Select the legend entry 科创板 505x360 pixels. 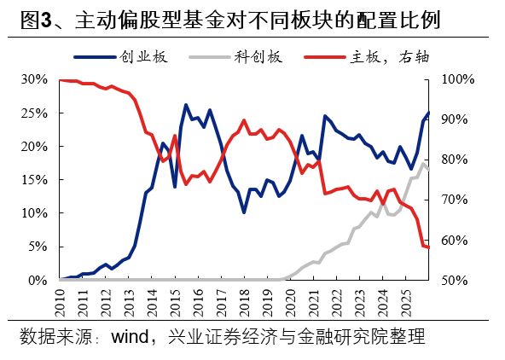257,58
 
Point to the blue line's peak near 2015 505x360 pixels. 186,105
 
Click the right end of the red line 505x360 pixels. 429,247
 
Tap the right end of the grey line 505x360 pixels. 429,170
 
